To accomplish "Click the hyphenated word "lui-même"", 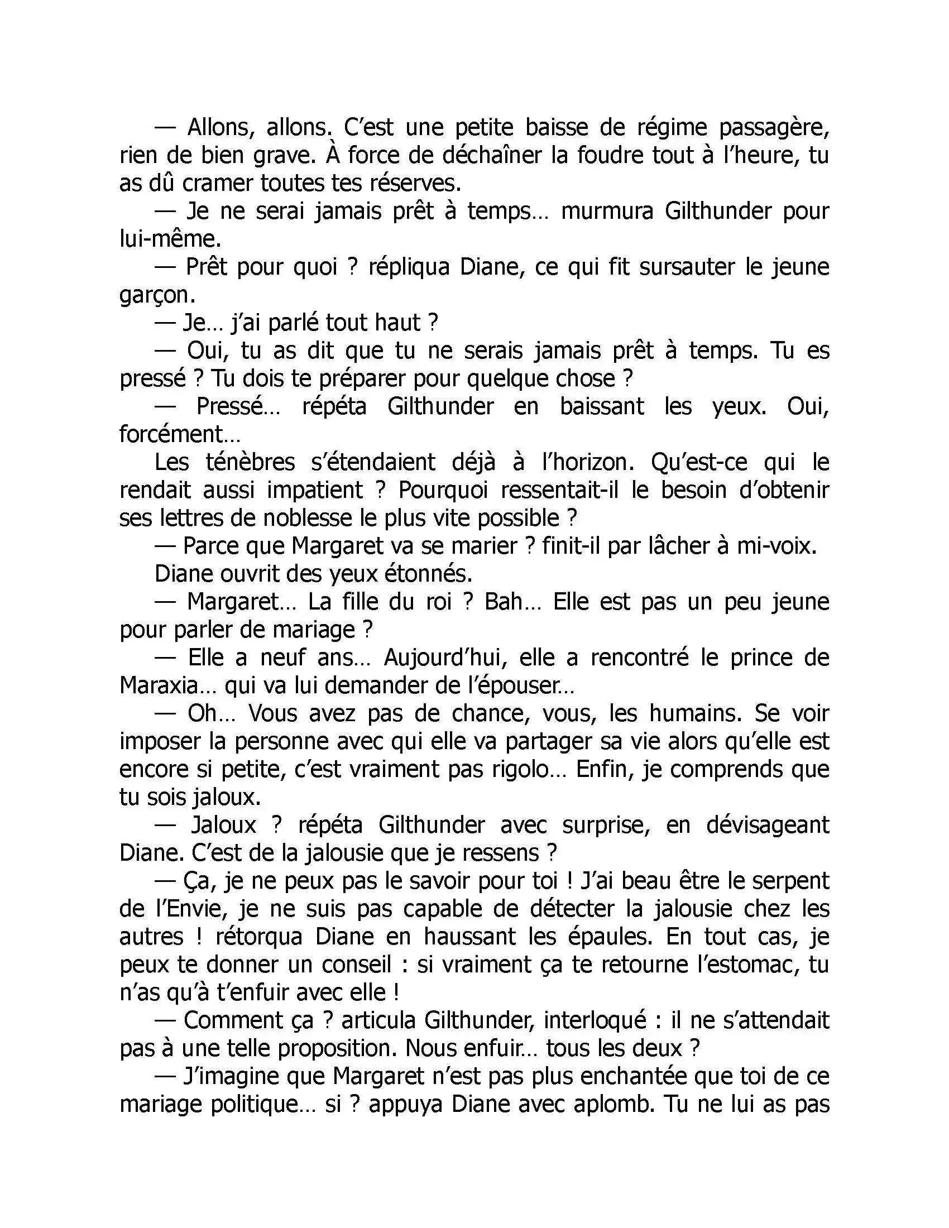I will pos(170,239).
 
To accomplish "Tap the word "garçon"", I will pos(157,296).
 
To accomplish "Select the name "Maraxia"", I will pos(167,686).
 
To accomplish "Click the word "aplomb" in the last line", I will pos(613,1105).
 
